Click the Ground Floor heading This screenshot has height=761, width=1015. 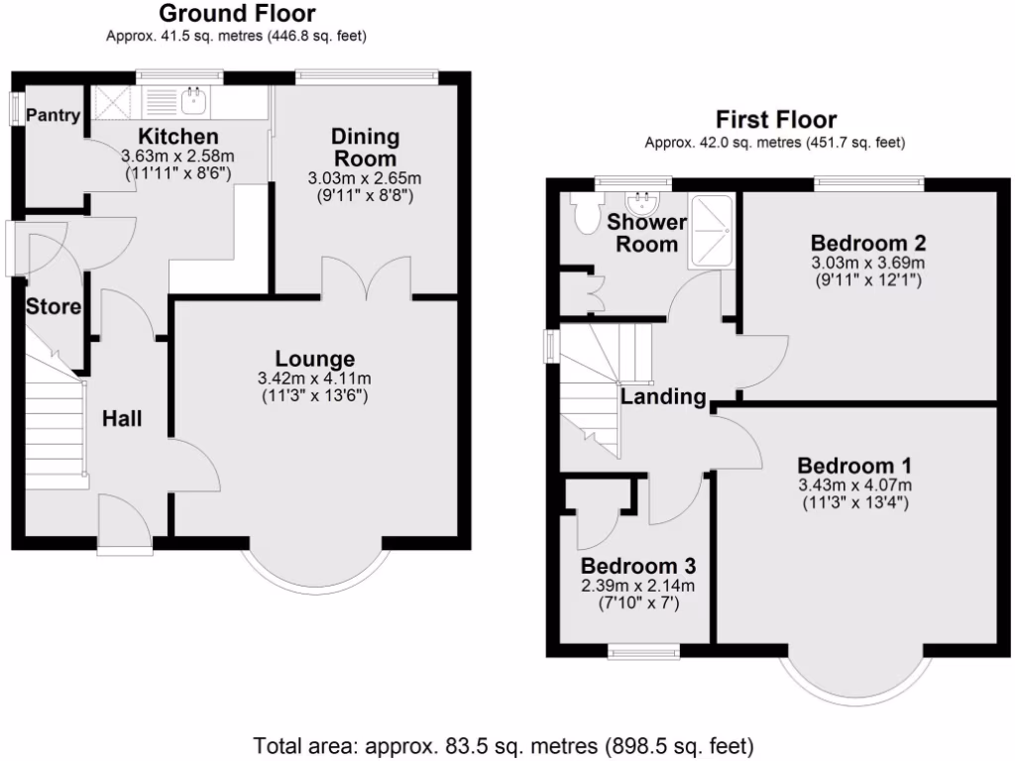(x=237, y=14)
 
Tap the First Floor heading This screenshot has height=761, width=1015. (x=776, y=120)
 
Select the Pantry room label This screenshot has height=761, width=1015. (x=53, y=116)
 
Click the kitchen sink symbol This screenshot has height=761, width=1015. (x=193, y=98)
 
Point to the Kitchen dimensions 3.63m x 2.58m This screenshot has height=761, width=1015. (x=177, y=157)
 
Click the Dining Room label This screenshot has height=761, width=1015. (x=365, y=148)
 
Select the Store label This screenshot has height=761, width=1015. (x=54, y=307)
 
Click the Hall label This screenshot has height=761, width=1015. (x=122, y=419)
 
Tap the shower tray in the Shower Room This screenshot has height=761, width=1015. (x=712, y=231)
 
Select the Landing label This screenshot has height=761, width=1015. (x=663, y=398)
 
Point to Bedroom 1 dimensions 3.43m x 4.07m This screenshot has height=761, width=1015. (x=854, y=486)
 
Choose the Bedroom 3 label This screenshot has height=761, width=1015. (x=637, y=566)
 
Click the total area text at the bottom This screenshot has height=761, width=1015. (x=505, y=744)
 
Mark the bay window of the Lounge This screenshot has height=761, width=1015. (x=313, y=575)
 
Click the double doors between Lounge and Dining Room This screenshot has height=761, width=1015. (x=367, y=279)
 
